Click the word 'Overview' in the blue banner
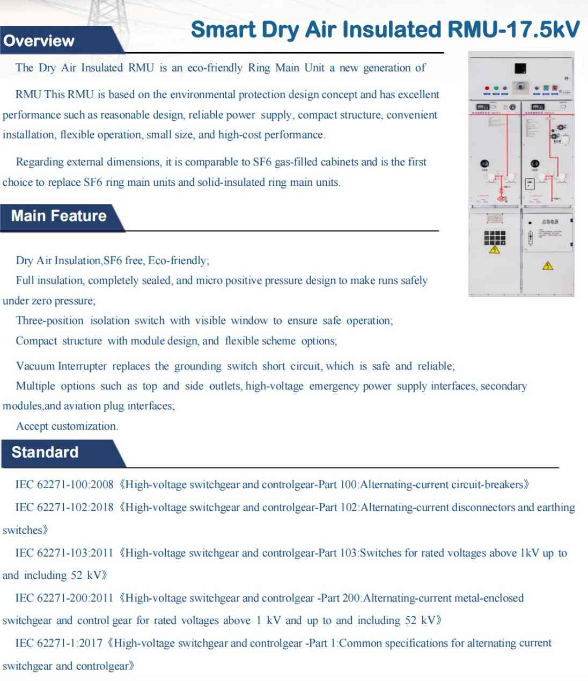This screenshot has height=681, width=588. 39,41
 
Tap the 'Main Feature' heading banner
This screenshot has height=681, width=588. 59,216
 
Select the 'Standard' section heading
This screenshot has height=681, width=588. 45,452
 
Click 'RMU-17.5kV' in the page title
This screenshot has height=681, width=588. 513,30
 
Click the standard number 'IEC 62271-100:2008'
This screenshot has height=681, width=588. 64,484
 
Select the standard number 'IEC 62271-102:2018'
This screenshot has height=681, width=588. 64,508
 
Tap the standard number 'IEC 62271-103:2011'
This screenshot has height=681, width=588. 64,553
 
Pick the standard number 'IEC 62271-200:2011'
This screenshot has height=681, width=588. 64,598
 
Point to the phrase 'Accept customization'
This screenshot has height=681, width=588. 67,426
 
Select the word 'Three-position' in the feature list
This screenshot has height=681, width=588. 50,321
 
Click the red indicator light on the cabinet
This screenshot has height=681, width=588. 487,88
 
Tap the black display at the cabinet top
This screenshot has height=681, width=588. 520,68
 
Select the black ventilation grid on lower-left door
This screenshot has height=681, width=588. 495,237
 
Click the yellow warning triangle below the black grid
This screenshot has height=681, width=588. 495,250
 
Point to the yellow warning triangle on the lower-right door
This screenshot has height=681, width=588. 547,265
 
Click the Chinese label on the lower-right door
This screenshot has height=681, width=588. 550,222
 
